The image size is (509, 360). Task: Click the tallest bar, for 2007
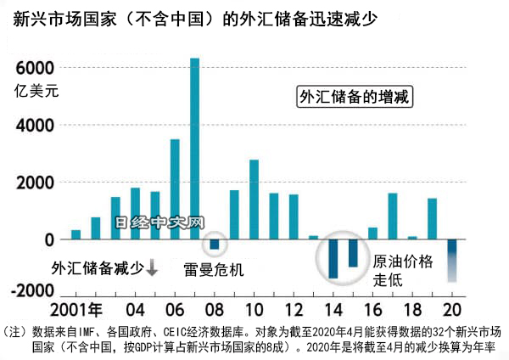click(194, 149)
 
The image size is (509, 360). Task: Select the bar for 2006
click(175, 189)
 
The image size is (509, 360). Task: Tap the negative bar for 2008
click(215, 245)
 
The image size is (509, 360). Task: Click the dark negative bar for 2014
click(333, 258)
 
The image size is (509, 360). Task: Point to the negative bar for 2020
click(452, 260)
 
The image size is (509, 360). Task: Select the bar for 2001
click(76, 235)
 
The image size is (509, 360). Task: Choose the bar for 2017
click(393, 217)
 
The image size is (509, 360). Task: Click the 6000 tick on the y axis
click(35, 68)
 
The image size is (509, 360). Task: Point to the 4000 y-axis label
click(35, 126)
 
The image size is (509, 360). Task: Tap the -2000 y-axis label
click(30, 290)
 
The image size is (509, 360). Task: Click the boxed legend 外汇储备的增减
click(355, 98)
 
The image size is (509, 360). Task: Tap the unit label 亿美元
click(36, 91)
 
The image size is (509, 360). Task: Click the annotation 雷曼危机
click(214, 270)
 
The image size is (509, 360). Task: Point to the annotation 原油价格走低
click(403, 270)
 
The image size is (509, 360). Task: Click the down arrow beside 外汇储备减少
click(153, 268)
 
